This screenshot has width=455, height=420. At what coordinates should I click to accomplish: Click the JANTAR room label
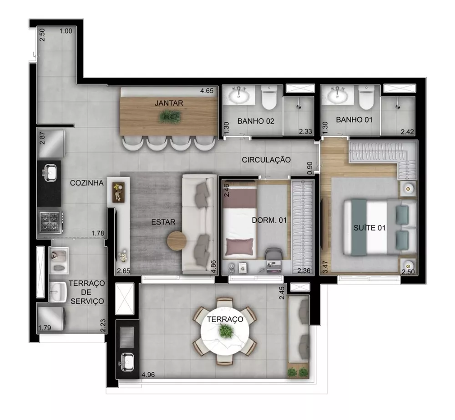click(169, 103)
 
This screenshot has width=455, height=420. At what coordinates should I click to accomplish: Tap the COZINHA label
click(87, 183)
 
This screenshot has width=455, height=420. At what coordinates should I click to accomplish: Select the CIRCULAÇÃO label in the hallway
click(266, 160)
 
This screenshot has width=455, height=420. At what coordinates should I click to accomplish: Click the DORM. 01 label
click(269, 220)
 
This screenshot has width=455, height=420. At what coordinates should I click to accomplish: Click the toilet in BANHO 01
click(365, 97)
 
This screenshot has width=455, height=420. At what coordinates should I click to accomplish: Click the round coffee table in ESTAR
click(177, 241)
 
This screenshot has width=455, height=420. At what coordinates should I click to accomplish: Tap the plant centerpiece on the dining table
click(169, 117)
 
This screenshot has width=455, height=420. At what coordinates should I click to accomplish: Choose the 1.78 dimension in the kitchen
click(98, 234)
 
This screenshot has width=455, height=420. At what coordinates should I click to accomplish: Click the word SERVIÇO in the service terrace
click(87, 301)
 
